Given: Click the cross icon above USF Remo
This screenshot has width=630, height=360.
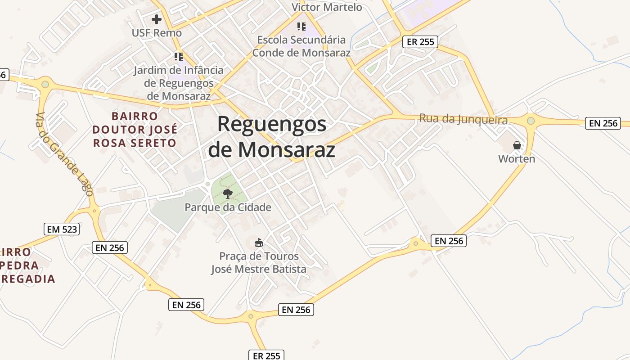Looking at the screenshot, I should (x=157, y=19).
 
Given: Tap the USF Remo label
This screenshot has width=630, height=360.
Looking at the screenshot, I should (x=157, y=33).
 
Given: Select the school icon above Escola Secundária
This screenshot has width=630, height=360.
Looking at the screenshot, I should (x=301, y=27).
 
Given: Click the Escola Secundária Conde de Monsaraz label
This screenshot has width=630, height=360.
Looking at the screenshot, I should (x=301, y=46).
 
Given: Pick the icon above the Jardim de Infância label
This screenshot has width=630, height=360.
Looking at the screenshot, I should (x=179, y=57).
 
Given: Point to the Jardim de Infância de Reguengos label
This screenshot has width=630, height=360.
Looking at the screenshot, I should (x=179, y=83).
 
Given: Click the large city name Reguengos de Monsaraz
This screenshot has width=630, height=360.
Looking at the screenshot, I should (x=272, y=137).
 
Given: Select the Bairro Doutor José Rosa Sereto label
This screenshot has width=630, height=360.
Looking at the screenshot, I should (x=135, y=130).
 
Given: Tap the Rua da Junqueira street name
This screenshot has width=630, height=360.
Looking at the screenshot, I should (x=463, y=120).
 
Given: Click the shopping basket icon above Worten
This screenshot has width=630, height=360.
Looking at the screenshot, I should (x=517, y=145).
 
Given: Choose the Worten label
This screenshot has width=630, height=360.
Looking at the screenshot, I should (x=517, y=159).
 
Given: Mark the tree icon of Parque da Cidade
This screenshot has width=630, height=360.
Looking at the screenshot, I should (x=228, y=194).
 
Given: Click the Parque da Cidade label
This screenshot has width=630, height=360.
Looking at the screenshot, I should (x=228, y=207).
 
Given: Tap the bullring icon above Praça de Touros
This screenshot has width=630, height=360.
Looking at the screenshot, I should (x=259, y=243).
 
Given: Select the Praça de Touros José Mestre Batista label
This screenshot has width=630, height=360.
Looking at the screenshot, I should (x=259, y=263).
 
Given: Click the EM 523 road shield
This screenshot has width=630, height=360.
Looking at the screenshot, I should (x=62, y=229).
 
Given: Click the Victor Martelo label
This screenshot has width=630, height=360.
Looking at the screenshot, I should (x=327, y=7).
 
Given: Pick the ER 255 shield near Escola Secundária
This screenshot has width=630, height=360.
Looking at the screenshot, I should (x=420, y=42).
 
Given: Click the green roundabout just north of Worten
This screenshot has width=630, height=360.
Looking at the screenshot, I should (x=531, y=121).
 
